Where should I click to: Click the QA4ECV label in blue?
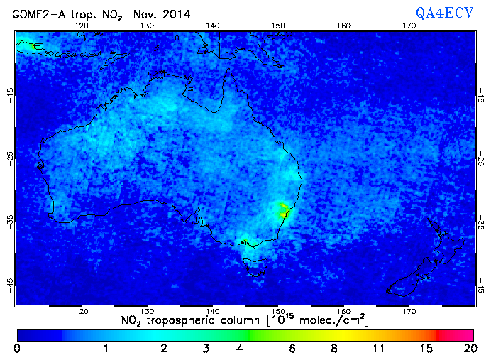click(x=444, y=13)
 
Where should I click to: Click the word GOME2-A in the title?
click(x=35, y=13)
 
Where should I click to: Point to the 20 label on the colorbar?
click(x=468, y=349)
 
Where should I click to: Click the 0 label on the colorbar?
click(x=17, y=349)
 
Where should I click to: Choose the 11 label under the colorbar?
click(x=381, y=349)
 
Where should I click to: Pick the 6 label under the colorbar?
click(x=292, y=349)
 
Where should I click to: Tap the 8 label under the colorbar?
click(x=334, y=349)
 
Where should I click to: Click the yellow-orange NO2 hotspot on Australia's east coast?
click(x=285, y=210)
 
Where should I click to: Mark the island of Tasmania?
click(x=255, y=267)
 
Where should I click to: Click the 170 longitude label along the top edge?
click(x=409, y=26)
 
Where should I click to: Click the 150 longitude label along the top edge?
click(x=278, y=26)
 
